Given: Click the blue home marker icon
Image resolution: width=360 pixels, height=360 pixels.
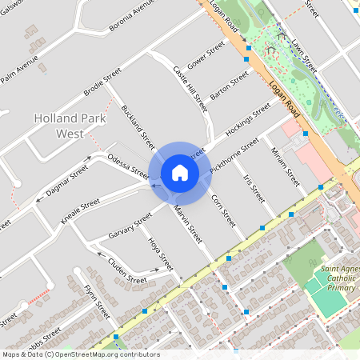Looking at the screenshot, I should (x=180, y=172).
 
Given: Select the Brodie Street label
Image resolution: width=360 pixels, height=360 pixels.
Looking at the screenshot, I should (x=102, y=81).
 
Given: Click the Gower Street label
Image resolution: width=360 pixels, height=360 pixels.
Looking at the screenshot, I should (x=206, y=56).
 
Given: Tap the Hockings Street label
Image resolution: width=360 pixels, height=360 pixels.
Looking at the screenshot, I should (x=248, y=118).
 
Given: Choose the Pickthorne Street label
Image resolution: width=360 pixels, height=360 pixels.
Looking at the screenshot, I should (x=234, y=156).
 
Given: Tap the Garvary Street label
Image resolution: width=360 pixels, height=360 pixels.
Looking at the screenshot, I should (x=130, y=226).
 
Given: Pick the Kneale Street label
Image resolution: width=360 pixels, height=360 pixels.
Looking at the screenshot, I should (x=79, y=209).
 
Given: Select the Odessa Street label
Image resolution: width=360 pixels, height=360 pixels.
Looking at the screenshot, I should (x=128, y=166).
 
